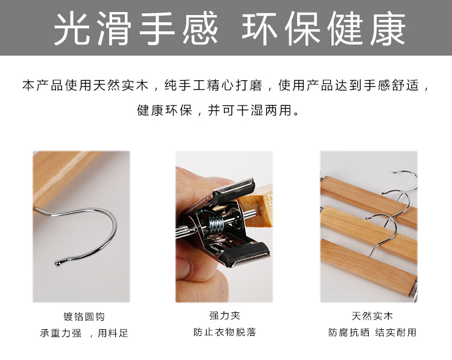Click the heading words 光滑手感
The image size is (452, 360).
[x=136, y=28]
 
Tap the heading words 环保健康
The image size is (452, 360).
[x=324, y=28]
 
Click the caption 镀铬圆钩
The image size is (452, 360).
[x=84, y=317]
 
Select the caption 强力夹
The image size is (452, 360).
[x=225, y=315]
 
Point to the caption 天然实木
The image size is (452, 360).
[x=372, y=316]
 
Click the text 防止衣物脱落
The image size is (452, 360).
[x=225, y=332]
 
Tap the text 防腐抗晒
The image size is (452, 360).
[x=349, y=332]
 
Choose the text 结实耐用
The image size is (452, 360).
[x=396, y=332]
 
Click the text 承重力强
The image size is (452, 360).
[x=60, y=333]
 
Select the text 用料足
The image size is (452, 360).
[x=113, y=333]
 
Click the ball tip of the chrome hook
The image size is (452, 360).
[x=58, y=263]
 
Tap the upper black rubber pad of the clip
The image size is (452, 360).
[x=234, y=189]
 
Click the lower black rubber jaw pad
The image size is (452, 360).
[x=245, y=253]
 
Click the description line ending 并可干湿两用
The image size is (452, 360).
[x=219, y=110]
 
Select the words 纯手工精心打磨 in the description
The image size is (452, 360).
[x=213, y=86]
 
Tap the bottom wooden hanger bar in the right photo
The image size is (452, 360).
[x=368, y=267]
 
